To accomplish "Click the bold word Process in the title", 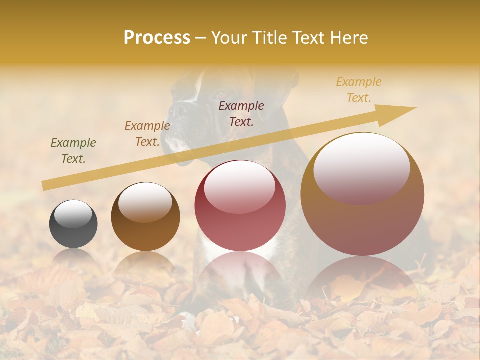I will pyautogui.click(x=157, y=38).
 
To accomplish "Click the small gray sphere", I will pyautogui.click(x=73, y=224).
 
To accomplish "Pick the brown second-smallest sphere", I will pyautogui.click(x=145, y=217).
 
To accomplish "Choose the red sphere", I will pyautogui.click(x=240, y=206).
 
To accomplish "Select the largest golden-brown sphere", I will pyautogui.click(x=362, y=194).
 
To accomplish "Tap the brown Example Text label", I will pyautogui.click(x=147, y=134).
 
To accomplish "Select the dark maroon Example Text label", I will pyautogui.click(x=241, y=113).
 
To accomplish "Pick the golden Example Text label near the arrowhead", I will pyautogui.click(x=359, y=89).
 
